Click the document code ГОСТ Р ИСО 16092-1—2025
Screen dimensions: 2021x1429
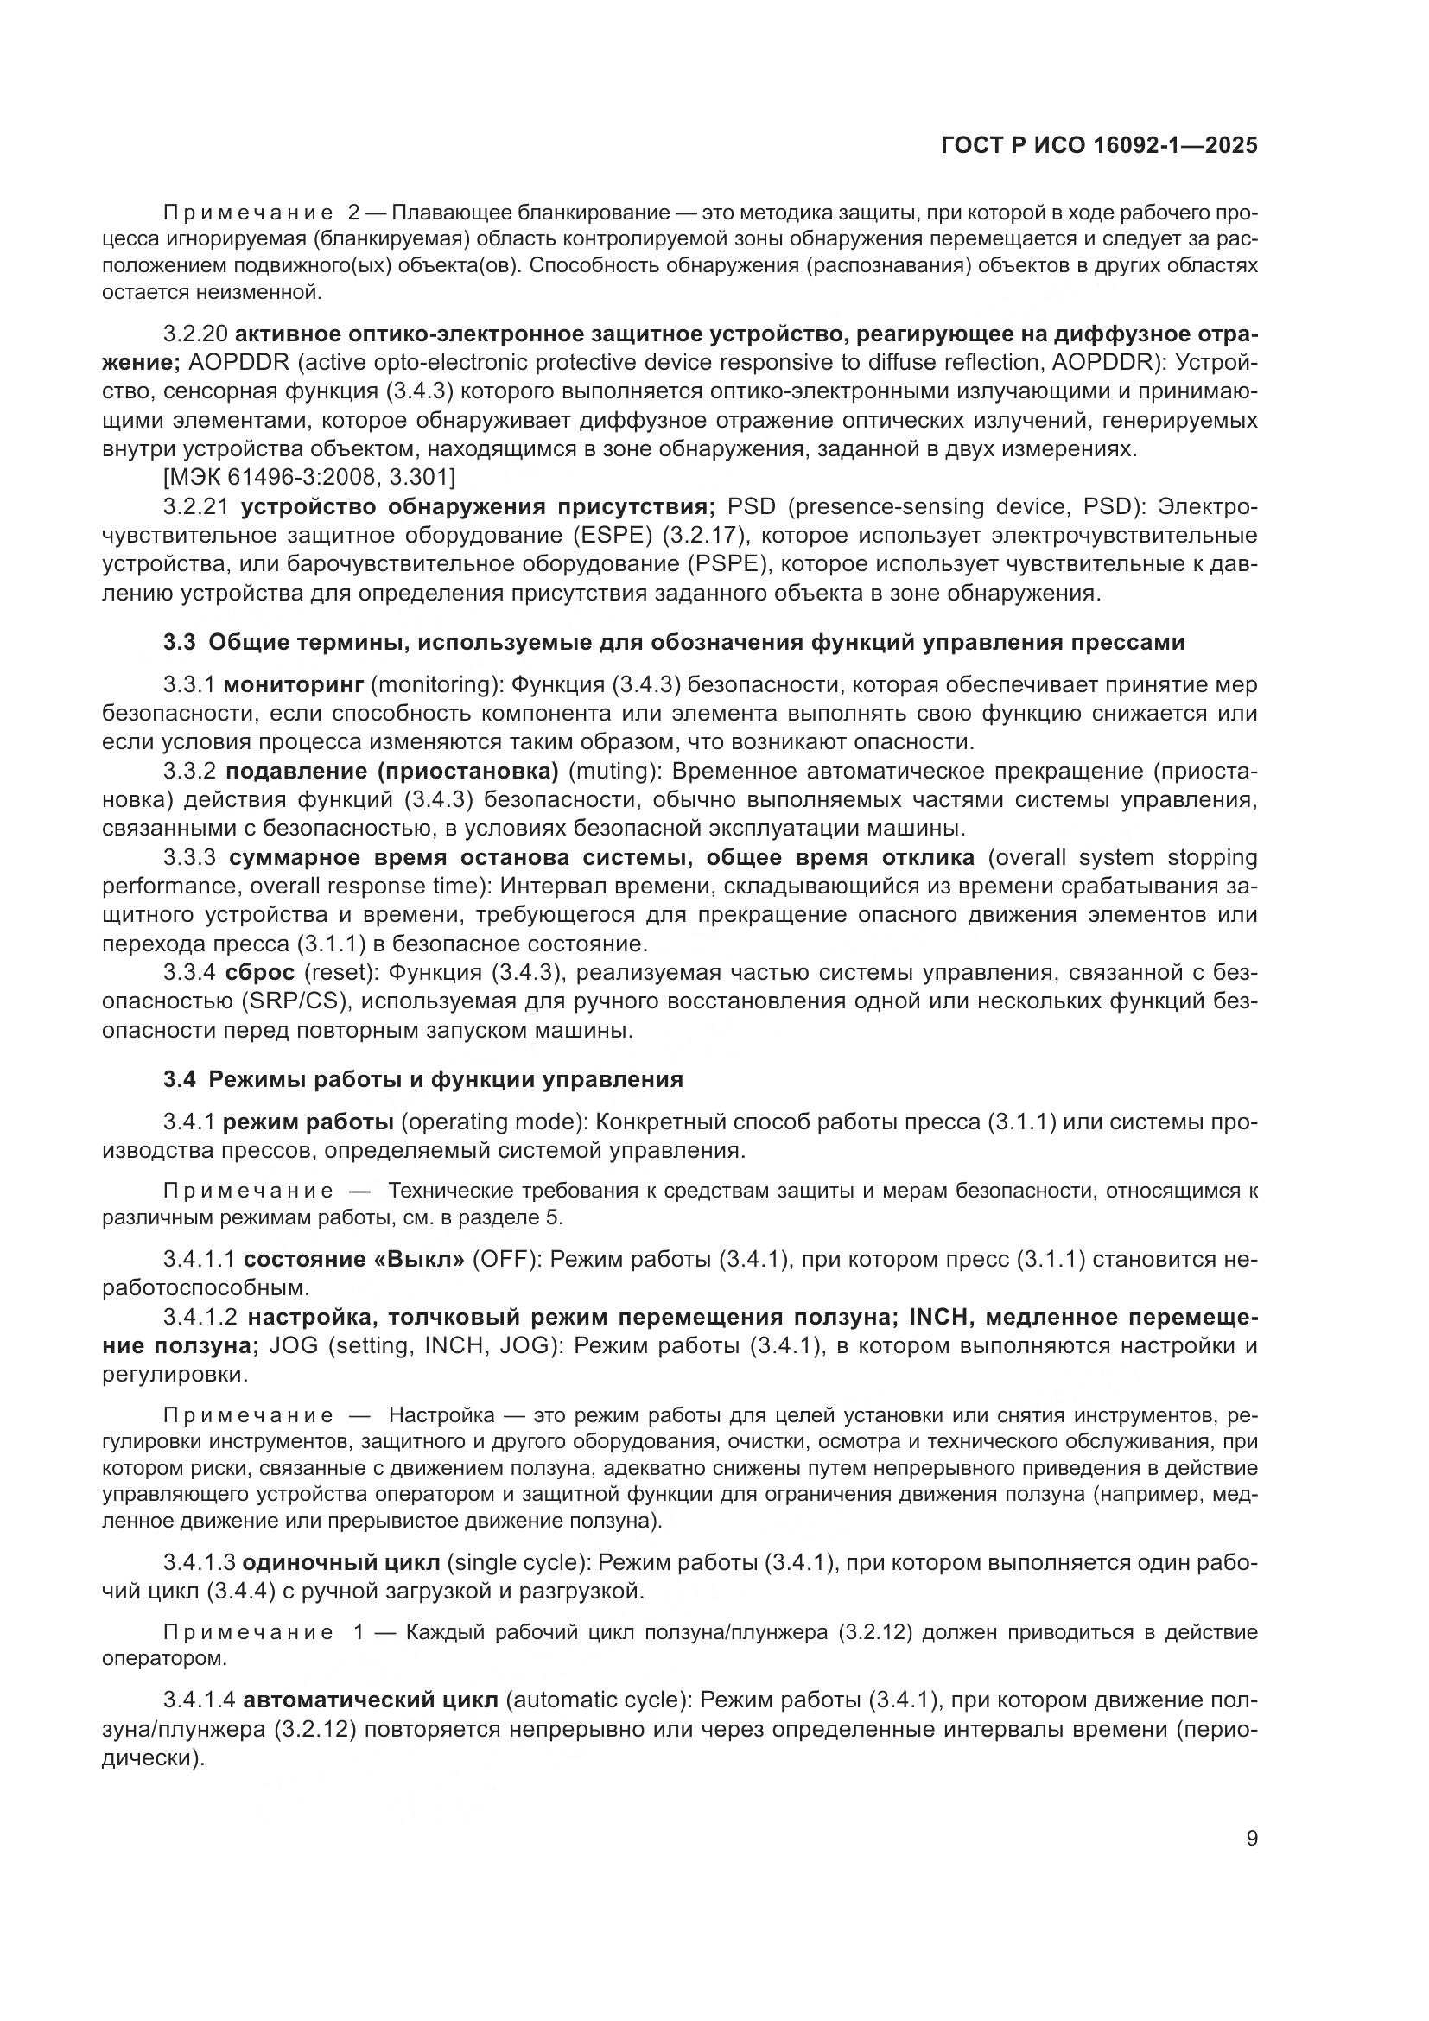[x=1099, y=146]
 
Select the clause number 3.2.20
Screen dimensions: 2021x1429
[x=195, y=334]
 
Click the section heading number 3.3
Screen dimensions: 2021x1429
[x=179, y=643]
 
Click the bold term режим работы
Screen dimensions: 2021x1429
[x=308, y=1122]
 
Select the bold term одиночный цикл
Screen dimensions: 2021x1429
[x=340, y=1562]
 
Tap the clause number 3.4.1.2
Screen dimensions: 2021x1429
[x=200, y=1317]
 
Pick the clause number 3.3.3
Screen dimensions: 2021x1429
[x=189, y=857]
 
